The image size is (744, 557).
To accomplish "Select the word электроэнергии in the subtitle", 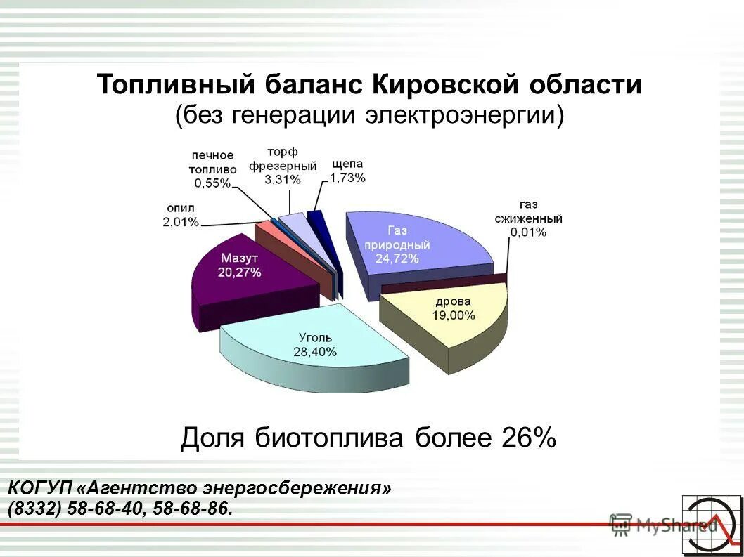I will click(463, 114).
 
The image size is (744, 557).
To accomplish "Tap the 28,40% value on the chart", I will click(314, 351).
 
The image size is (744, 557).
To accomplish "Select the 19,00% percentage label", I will click(454, 315).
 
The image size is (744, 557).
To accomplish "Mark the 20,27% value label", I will click(239, 272).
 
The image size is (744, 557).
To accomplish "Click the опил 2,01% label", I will click(181, 215).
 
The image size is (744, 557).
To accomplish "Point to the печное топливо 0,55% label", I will click(212, 169).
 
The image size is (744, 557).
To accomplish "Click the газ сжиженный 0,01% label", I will click(528, 218).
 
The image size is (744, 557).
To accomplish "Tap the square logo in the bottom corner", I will click(711, 525).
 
